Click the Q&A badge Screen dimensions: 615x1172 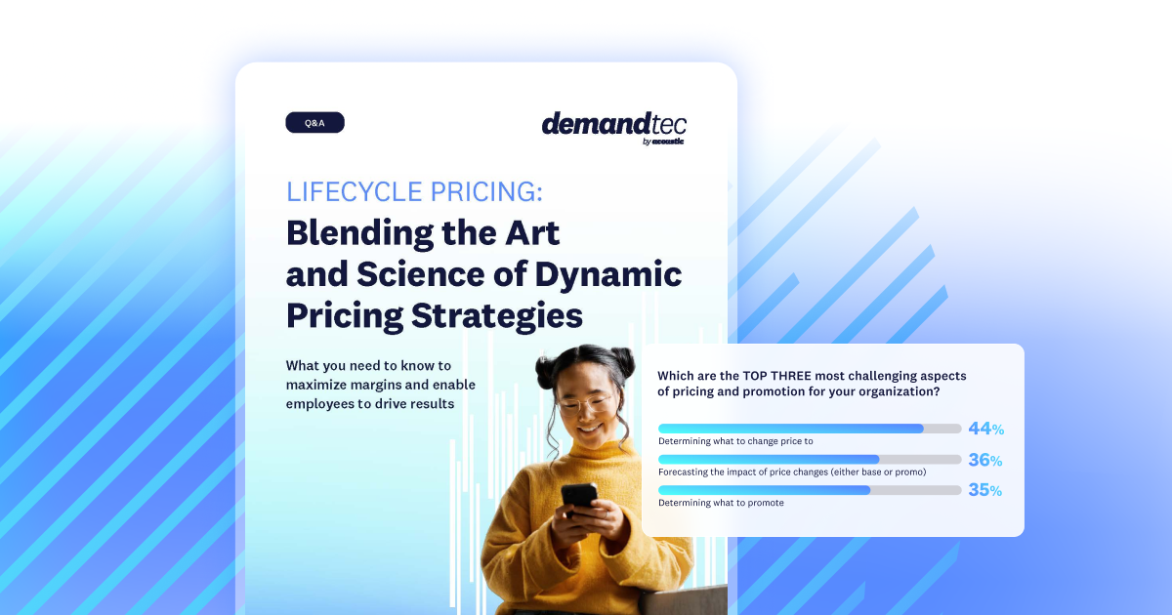(x=314, y=123)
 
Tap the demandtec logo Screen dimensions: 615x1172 (x=613, y=124)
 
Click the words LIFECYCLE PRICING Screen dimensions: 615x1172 (x=414, y=191)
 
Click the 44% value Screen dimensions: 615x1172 (x=985, y=429)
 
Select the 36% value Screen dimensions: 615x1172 (x=985, y=460)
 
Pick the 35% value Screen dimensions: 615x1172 (x=985, y=490)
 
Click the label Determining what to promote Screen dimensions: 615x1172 (x=721, y=503)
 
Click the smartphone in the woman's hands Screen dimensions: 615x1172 (x=578, y=496)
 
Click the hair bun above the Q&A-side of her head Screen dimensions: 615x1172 (x=550, y=371)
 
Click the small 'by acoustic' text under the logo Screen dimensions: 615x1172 (x=663, y=142)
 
